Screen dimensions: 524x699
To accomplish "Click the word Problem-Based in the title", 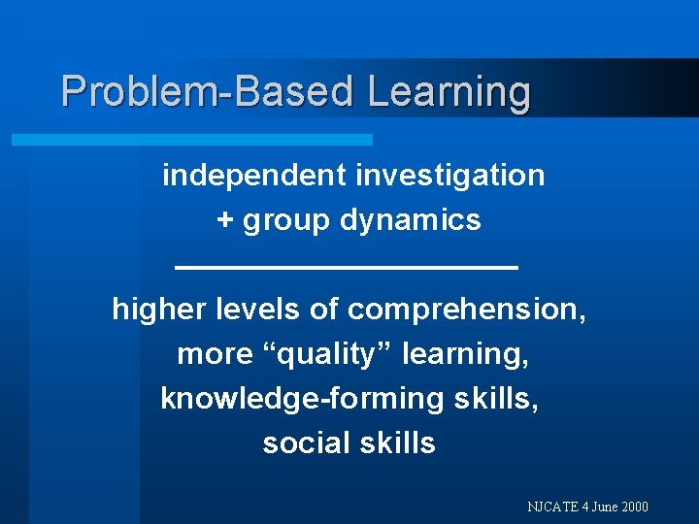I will click(209, 92).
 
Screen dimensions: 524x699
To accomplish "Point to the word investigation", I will click(450, 176).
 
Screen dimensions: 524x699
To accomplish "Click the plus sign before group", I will click(225, 221).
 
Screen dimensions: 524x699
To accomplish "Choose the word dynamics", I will click(411, 221).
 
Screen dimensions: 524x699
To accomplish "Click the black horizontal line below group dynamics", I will click(347, 265).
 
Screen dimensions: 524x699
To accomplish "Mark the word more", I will click(215, 354).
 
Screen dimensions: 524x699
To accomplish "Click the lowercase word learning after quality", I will click(465, 354).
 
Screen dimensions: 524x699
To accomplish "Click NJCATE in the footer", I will click(550, 507).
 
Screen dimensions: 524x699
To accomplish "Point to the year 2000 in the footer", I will click(634, 507).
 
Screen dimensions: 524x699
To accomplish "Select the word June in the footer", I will click(601, 507).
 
